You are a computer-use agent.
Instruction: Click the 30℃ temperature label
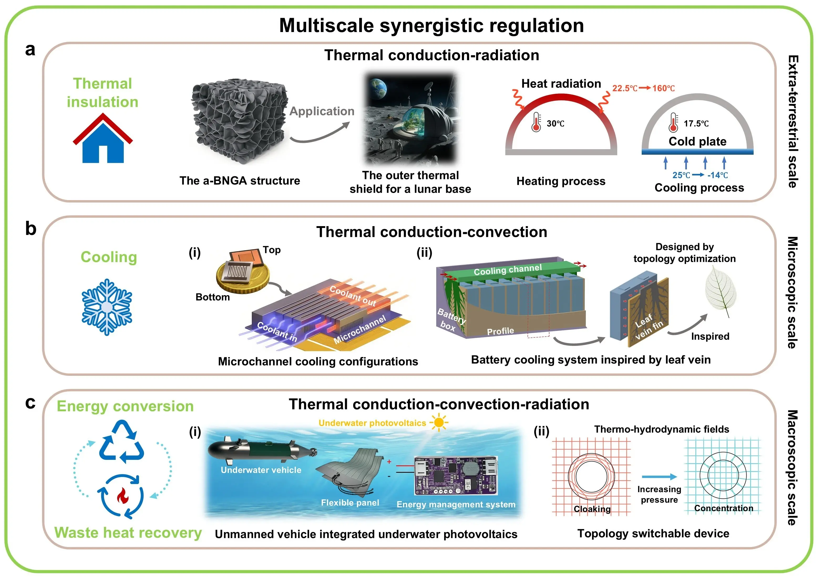coord(555,124)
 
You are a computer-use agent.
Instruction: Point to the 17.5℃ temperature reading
coord(696,124)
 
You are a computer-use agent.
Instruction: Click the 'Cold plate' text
coord(697,141)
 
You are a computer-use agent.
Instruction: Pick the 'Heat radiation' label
coord(561,84)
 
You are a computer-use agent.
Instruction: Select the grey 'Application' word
coord(321,111)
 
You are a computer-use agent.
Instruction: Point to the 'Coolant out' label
coord(353,296)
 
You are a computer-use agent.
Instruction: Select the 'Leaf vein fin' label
coord(649,326)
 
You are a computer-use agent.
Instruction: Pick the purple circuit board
coord(456,475)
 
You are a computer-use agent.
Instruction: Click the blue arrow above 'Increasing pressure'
coord(659,477)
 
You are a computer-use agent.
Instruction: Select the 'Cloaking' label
coord(592,509)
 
